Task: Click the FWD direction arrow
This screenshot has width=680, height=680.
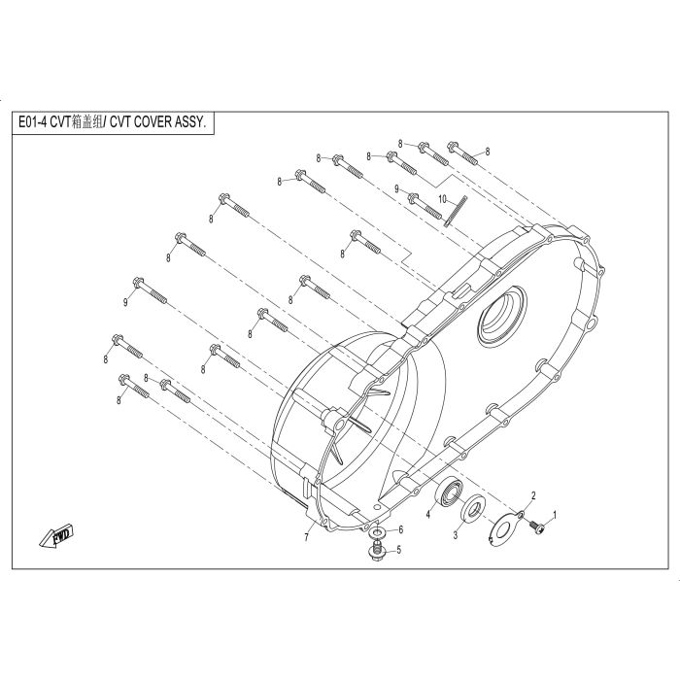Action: (56, 536)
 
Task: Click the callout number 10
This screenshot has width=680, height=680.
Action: (442, 199)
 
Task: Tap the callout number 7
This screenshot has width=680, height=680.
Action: (307, 538)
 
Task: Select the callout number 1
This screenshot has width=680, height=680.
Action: (554, 515)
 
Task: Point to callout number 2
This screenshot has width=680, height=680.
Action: (533, 495)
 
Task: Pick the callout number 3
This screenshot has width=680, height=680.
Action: (456, 535)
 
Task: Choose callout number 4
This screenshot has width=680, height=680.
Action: (428, 514)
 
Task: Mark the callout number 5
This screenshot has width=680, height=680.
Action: (399, 550)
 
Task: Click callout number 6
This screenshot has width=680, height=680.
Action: (401, 529)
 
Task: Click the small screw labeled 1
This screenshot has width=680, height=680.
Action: (537, 527)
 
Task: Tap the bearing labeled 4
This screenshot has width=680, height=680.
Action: (449, 493)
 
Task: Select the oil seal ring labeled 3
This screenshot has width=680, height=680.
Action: (473, 507)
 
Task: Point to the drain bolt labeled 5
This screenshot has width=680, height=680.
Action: (375, 550)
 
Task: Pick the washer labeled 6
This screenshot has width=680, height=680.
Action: (377, 531)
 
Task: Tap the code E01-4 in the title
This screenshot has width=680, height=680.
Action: (32, 122)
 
